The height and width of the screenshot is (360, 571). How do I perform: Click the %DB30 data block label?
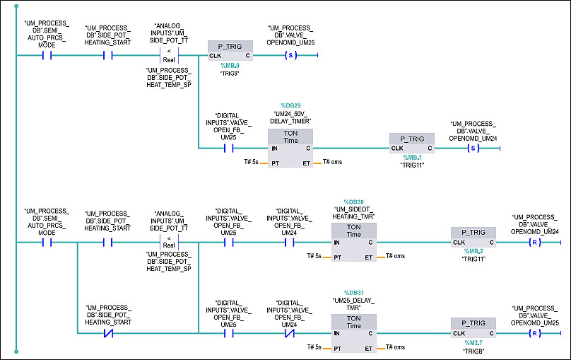[x=353, y=202]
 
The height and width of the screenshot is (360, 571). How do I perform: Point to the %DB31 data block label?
[x=354, y=293]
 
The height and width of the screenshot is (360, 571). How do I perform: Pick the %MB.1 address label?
[x=412, y=157]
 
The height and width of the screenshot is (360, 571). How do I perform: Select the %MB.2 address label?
[x=473, y=251]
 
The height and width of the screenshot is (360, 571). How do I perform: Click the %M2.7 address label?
[x=473, y=342]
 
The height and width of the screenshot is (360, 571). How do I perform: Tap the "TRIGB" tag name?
[x=473, y=351]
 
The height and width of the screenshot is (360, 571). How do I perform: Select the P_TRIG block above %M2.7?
[x=472, y=327]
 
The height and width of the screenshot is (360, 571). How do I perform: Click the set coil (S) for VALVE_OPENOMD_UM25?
[x=288, y=55]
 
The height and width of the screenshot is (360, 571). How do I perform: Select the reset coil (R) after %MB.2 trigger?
[x=534, y=242]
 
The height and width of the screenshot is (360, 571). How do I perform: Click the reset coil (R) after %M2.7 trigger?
[x=534, y=333]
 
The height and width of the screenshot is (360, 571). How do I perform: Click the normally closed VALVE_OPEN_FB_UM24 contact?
[x=288, y=333]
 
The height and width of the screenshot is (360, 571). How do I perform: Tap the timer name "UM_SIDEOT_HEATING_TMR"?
[x=353, y=213]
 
